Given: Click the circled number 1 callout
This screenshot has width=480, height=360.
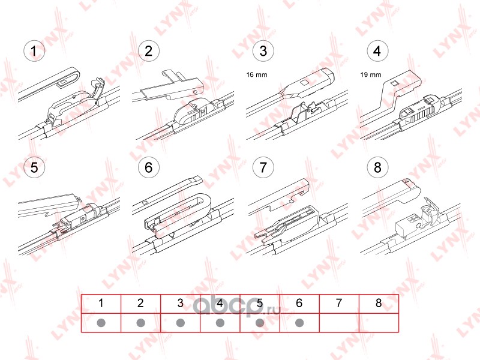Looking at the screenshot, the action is [x=34, y=51].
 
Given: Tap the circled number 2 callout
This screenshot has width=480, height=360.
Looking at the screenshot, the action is [x=148, y=51].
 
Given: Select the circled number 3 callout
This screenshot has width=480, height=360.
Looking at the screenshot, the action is [x=263, y=51].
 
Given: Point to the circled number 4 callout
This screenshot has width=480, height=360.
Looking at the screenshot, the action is [x=377, y=51].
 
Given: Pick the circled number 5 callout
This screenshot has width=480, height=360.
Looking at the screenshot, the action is [x=34, y=167].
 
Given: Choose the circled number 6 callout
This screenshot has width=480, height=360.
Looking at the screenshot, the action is [x=148, y=167].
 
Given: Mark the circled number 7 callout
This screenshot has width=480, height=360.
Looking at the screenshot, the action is [x=263, y=167].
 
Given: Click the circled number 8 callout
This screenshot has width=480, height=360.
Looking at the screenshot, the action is [x=377, y=167].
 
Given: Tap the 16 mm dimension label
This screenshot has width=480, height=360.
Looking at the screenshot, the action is [x=257, y=74].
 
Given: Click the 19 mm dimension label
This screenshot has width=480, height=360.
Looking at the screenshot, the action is [x=371, y=74].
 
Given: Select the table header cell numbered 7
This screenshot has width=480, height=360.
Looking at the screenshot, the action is [x=339, y=304].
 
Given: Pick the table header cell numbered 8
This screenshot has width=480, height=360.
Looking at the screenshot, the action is [x=379, y=304].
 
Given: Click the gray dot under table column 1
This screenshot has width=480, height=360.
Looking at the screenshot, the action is [x=101, y=323].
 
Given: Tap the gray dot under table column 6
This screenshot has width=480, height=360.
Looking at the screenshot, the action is [x=299, y=323].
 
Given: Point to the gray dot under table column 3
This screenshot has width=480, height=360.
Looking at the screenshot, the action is [x=181, y=323].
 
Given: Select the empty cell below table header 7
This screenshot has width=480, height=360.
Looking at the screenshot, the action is [x=339, y=323].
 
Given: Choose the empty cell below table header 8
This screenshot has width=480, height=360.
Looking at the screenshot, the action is [x=379, y=323].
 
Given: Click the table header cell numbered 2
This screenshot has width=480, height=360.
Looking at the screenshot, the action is [x=140, y=304].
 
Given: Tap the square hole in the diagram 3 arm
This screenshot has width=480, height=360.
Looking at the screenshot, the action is [x=304, y=82].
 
